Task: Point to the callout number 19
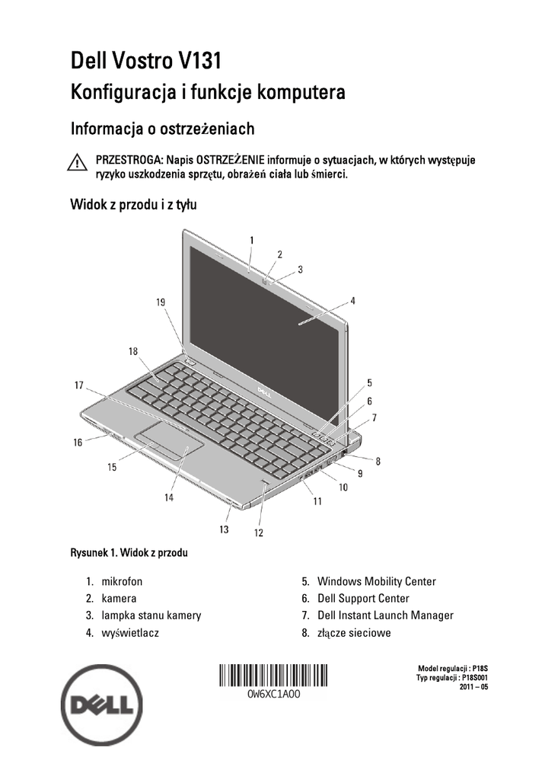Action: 161,302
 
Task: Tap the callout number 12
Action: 259,533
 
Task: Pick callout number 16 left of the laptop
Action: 78,443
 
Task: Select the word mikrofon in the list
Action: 122,581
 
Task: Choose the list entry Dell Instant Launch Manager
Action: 385,615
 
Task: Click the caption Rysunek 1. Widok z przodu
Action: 129,553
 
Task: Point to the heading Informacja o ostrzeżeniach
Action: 162,129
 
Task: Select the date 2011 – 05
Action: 473,687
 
